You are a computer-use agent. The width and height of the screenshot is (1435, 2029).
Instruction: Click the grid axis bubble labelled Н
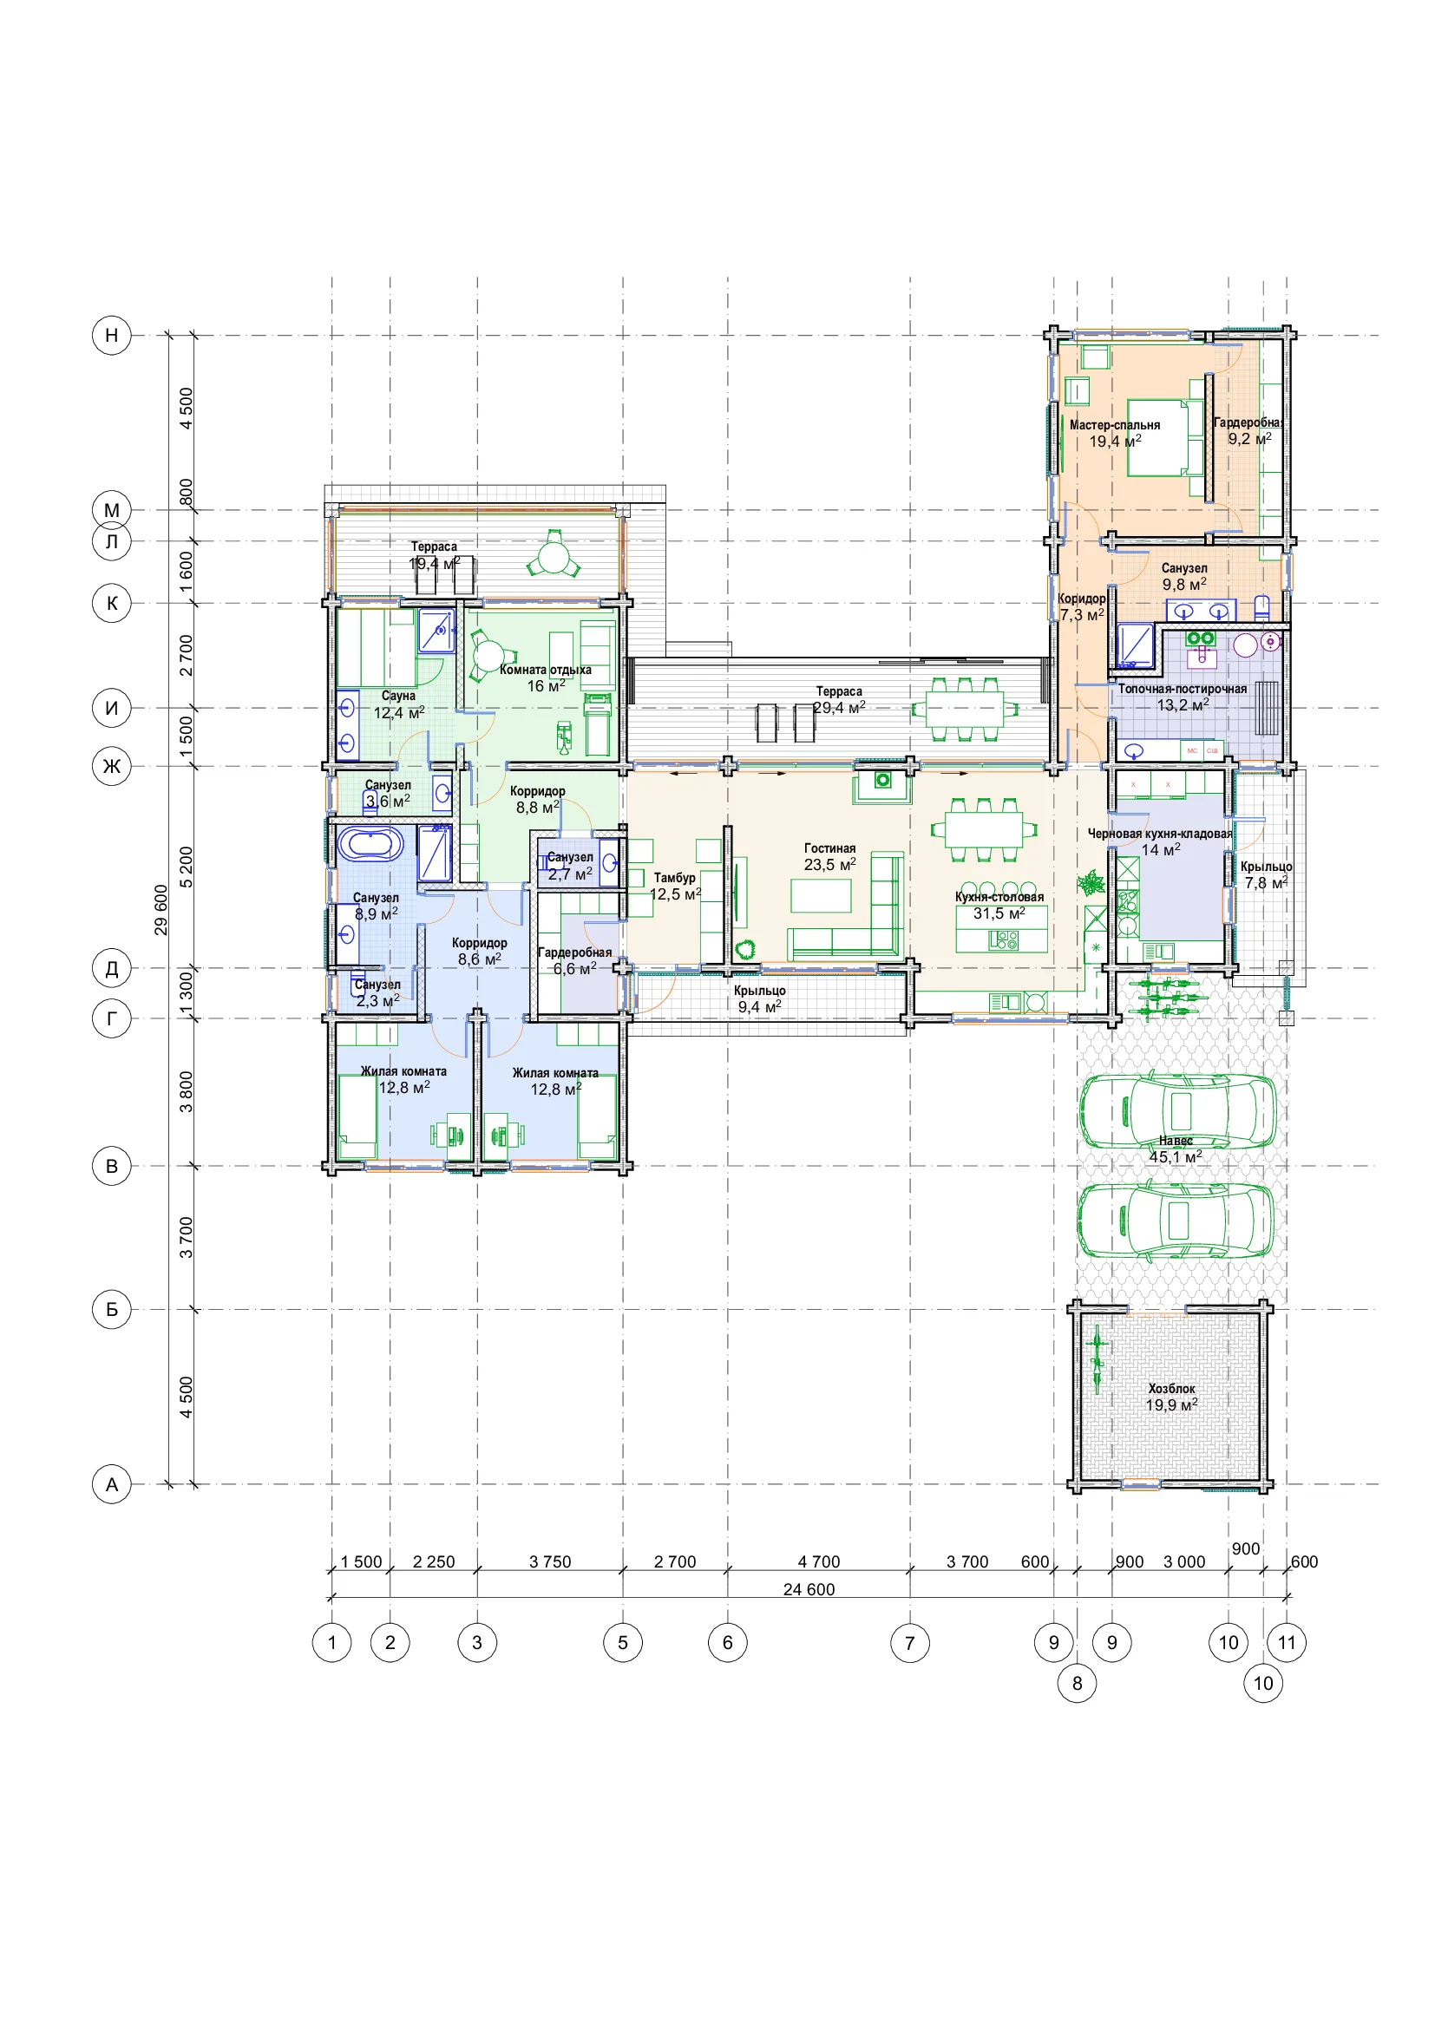point(111,335)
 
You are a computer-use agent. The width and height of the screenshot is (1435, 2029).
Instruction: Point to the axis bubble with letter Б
point(111,1309)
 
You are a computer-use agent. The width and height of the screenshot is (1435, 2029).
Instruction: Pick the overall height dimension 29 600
point(161,909)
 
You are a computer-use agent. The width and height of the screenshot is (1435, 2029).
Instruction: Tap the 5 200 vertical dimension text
point(186,867)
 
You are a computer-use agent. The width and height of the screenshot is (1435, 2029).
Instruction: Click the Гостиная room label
point(829,848)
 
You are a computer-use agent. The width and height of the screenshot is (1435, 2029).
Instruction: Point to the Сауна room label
point(398,696)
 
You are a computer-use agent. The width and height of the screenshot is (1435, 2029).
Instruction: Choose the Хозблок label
point(1171,1388)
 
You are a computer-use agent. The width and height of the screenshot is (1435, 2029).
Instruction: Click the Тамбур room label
point(674,878)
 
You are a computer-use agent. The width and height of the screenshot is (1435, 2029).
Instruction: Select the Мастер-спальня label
point(1114,425)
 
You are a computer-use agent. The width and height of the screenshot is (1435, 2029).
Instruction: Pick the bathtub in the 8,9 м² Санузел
point(370,844)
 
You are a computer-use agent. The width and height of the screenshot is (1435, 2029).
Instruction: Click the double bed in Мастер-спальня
point(1165,438)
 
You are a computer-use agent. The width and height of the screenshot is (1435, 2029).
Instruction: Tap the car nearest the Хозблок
point(1176,1221)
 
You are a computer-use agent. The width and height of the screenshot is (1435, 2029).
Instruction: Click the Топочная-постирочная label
point(1183,689)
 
